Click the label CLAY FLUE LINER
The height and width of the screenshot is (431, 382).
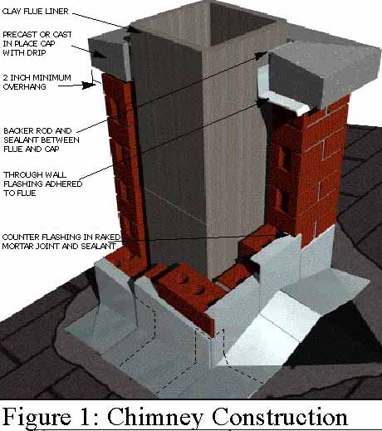pos(35,12)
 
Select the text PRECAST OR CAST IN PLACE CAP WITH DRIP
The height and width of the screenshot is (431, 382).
pos(37,43)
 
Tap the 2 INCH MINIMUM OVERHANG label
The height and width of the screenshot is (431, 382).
pos(37,82)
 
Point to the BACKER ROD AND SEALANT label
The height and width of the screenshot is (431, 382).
pos(42,140)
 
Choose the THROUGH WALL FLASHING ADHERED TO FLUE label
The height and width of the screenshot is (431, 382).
pos(43,184)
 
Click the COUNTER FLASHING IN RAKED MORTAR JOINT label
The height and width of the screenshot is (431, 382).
pos(61,242)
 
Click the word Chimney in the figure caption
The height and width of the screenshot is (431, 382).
pos(155,417)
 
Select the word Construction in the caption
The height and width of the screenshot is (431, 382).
pos(280,416)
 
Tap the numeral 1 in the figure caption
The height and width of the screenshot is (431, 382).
pos(86,417)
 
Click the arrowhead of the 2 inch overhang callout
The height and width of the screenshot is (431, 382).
pos(90,86)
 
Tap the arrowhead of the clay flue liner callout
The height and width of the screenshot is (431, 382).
pos(135,29)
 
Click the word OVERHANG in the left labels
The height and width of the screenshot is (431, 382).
pos(25,86)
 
